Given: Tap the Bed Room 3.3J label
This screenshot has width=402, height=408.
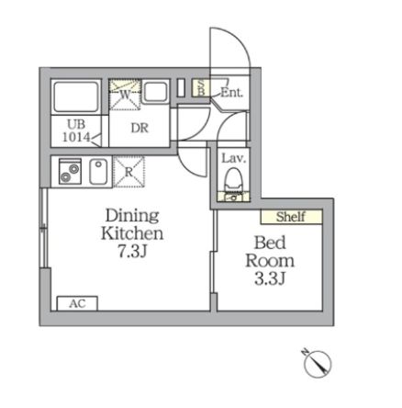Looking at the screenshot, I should [274, 261].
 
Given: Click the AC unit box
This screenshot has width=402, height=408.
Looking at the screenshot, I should [77, 302].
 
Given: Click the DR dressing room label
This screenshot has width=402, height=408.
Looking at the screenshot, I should [140, 128].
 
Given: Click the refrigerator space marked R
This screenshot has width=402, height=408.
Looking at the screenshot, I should [128, 170].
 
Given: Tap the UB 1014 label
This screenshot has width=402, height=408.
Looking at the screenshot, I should [76, 131].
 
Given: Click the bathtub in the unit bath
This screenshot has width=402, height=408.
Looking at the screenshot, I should [76, 96].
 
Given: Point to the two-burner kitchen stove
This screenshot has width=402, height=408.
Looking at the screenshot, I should [70, 170].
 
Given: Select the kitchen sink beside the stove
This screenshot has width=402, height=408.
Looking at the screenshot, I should [98, 170].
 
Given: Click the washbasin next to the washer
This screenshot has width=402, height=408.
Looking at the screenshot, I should [155, 92].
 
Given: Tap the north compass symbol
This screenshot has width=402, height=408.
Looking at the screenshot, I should [317, 363].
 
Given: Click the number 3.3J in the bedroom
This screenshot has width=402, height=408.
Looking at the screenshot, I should [274, 278].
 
